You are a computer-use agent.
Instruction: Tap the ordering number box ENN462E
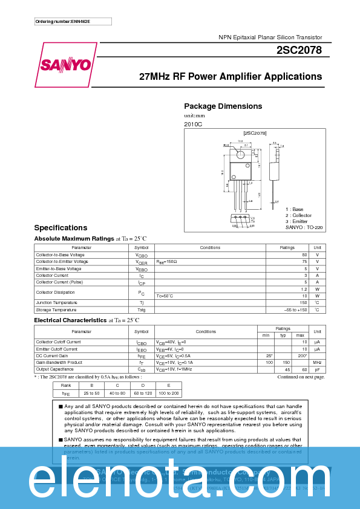click(x=73, y=22)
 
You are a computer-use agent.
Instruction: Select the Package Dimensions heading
click(x=223, y=106)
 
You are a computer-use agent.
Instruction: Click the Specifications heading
click(x=61, y=228)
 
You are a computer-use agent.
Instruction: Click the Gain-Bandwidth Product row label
click(x=59, y=362)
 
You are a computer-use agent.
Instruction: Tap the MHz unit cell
click(x=317, y=362)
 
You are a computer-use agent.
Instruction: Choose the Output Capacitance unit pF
click(x=317, y=369)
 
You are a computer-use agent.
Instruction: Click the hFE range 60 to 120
click(x=143, y=393)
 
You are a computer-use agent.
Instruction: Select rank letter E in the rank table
click(x=169, y=385)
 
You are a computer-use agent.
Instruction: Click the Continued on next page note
click(x=301, y=377)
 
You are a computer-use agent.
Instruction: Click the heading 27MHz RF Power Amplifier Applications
click(x=231, y=77)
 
